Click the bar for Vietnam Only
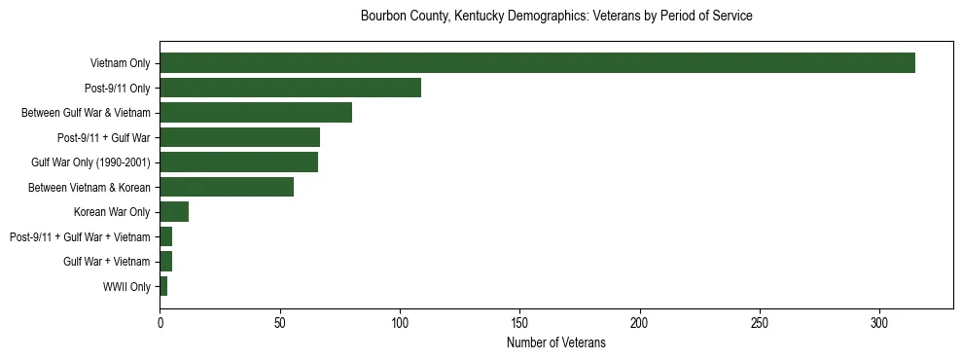click(537, 63)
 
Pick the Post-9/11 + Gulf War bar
click(239, 137)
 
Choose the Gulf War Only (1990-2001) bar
click(238, 162)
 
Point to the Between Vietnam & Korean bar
click(227, 187)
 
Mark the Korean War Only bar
click(174, 212)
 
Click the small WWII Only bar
click(163, 286)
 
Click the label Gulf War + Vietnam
click(106, 262)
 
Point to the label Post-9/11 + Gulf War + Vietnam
click(80, 236)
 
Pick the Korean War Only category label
click(112, 212)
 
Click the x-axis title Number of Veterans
click(555, 342)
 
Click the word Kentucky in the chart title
click(475, 17)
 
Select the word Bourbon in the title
click(382, 17)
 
